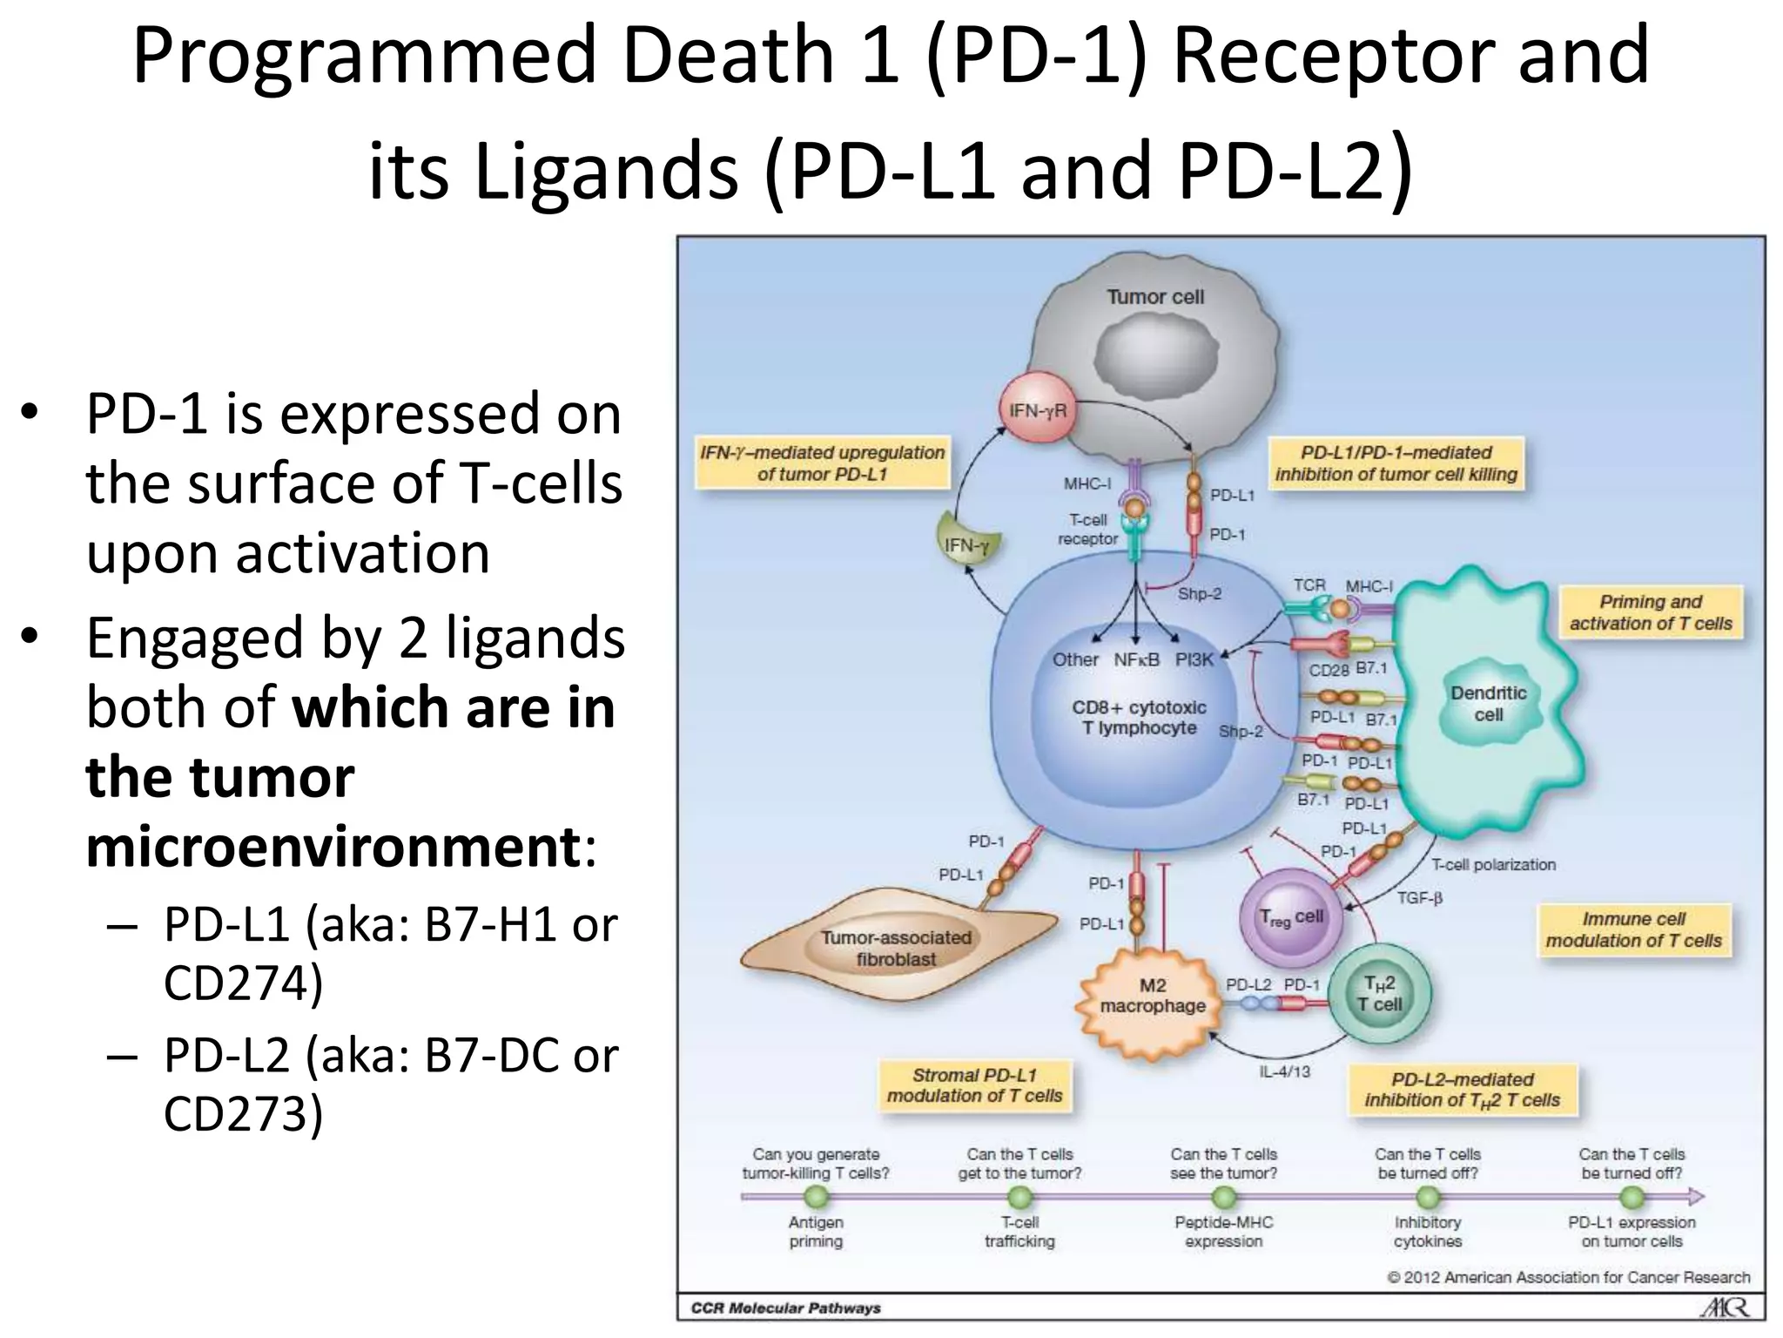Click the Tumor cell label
point(1154,297)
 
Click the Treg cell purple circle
point(1290,917)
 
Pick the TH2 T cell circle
point(1380,994)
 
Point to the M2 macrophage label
point(1153,996)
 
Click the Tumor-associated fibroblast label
point(896,948)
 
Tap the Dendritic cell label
point(1488,704)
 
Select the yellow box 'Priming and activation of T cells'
point(1651,612)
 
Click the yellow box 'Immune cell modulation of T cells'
point(1633,929)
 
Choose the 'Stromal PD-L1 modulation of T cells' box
point(974,1085)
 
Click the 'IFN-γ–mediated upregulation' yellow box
point(822,463)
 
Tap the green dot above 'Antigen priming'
point(816,1197)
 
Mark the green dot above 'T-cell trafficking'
point(1019,1197)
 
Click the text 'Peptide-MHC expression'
point(1223,1231)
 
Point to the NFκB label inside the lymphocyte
point(1136,659)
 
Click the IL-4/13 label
point(1284,1071)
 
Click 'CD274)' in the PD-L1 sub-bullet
point(243,983)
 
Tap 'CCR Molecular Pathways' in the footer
point(785,1308)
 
